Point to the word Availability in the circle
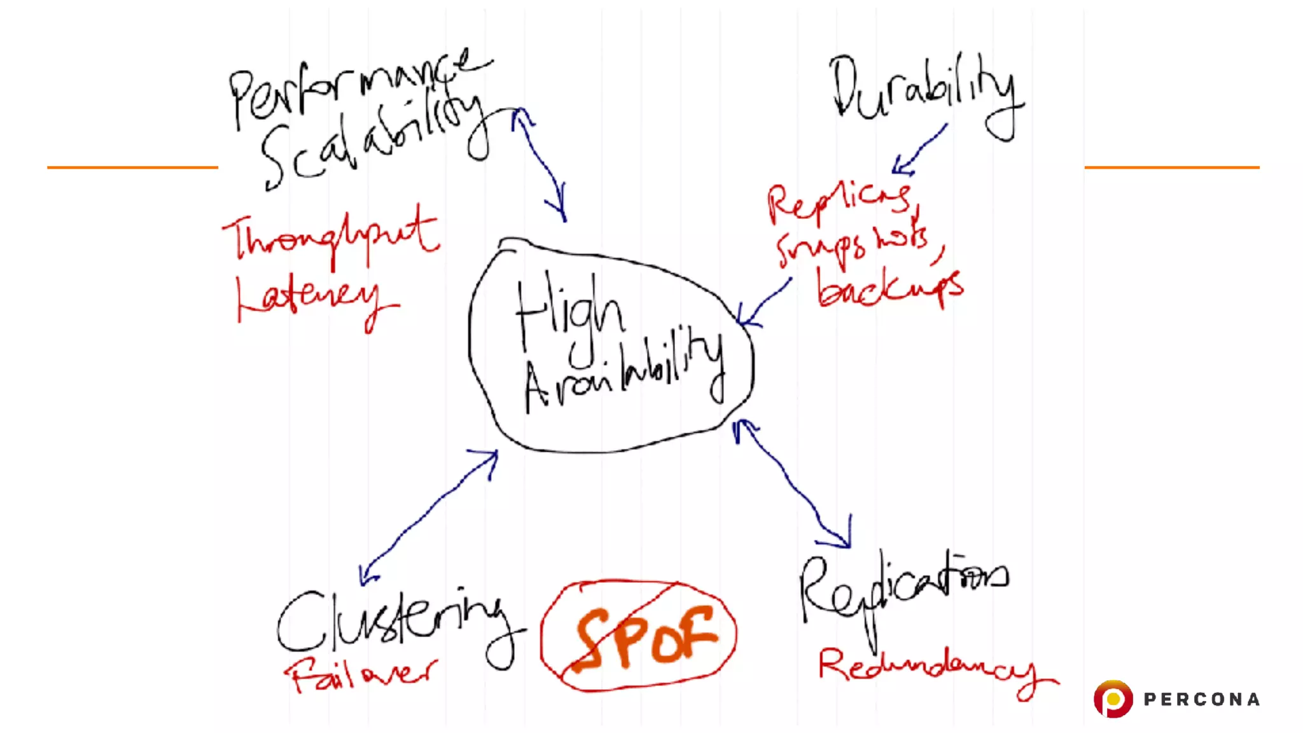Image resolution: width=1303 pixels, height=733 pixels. point(624,375)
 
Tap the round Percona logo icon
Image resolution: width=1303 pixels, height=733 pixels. point(1113,699)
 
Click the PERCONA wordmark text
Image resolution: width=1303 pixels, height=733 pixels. point(1202,700)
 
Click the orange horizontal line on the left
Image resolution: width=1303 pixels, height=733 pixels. point(132,167)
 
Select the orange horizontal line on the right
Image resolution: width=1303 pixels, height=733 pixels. point(1172,167)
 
